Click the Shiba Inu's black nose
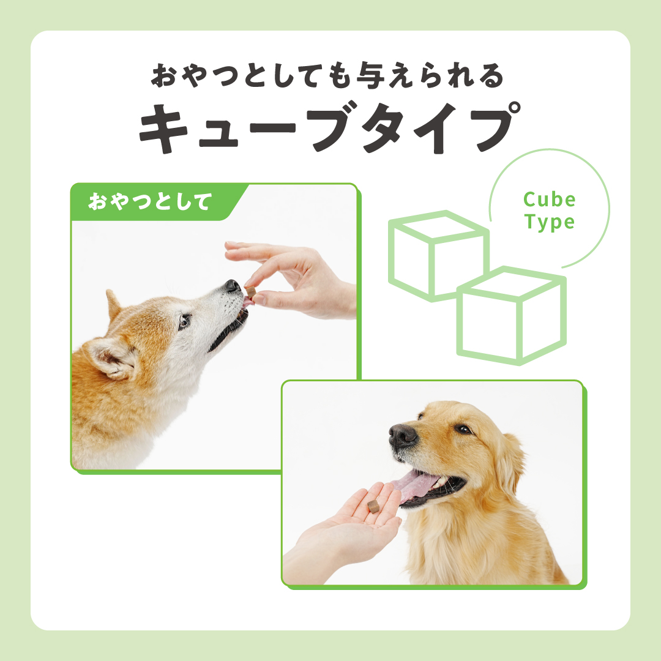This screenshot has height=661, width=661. [x=233, y=286]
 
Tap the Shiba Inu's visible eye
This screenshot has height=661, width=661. [x=184, y=322]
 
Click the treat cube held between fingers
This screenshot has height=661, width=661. [x=250, y=291]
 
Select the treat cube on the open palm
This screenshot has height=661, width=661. [x=373, y=506]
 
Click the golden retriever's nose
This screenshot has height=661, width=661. [x=403, y=436]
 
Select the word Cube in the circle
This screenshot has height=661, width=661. [x=549, y=200]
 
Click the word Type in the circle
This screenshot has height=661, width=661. [x=549, y=222]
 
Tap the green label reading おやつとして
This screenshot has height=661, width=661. [x=150, y=201]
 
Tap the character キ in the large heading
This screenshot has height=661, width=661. [x=163, y=128]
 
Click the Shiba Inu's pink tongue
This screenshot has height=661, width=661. [x=248, y=301]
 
